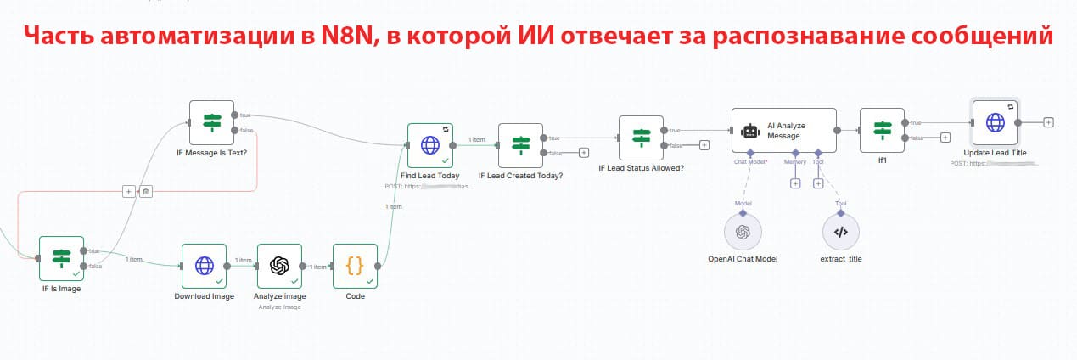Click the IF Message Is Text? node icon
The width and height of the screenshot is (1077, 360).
coord(211,122)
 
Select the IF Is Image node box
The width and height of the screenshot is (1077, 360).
coord(62,258)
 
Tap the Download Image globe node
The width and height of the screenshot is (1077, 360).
coord(204,266)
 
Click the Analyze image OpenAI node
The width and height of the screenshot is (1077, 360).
coord(279,266)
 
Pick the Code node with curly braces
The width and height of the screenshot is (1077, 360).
coord(355,266)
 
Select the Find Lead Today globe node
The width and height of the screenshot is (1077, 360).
coord(430,145)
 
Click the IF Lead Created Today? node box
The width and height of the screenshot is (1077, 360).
coord(520,145)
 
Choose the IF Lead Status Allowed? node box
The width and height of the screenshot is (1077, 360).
coord(641,138)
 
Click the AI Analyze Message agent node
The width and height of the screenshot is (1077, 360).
coord(783,130)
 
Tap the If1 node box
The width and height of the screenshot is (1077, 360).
coord(882,130)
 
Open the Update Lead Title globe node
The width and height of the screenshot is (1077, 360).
coord(995,122)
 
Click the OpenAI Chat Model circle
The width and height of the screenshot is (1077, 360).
coord(743,232)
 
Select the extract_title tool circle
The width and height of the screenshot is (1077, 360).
coord(841,232)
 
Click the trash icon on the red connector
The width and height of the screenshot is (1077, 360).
coord(146,192)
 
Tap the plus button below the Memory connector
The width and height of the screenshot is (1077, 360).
coord(795,183)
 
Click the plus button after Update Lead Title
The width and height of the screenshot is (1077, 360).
coord(1048,122)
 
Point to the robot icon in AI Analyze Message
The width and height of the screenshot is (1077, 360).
coord(749,131)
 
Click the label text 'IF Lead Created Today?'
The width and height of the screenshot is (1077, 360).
coord(520,177)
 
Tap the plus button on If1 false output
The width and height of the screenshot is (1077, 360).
coord(945,138)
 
